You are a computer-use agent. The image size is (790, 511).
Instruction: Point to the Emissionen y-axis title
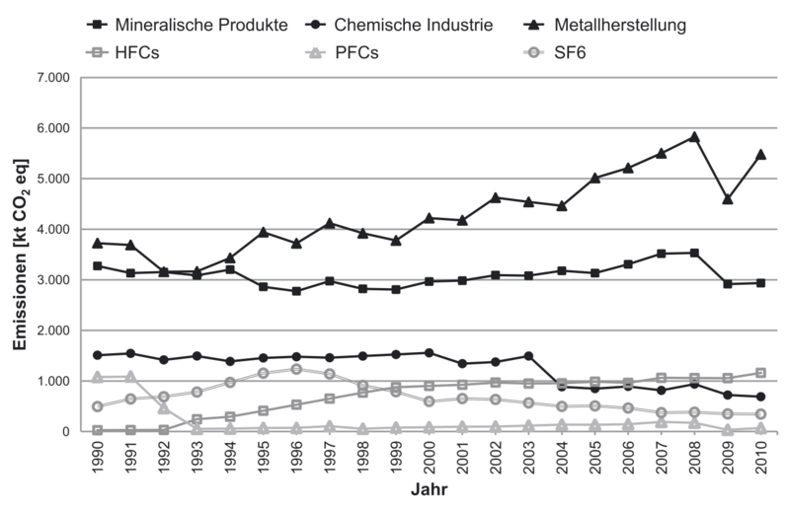click(21, 254)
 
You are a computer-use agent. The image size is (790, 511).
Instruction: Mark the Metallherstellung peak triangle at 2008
click(694, 136)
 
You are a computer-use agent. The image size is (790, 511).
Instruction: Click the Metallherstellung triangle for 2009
click(728, 198)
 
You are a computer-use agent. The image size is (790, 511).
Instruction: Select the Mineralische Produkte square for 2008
click(694, 253)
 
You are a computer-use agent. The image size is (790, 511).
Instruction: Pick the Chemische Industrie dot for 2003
click(528, 356)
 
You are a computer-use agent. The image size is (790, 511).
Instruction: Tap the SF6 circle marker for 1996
click(296, 369)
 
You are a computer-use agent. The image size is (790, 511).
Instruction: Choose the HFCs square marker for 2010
click(760, 373)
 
